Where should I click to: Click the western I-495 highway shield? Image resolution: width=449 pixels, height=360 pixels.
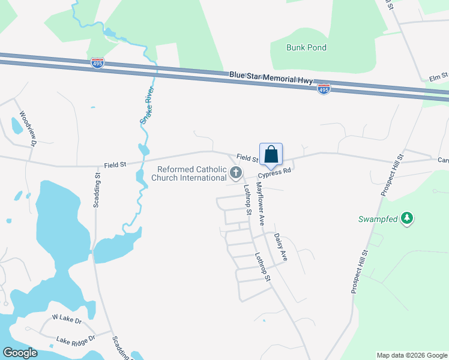98,62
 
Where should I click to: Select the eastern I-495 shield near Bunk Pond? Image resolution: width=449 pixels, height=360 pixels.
324,89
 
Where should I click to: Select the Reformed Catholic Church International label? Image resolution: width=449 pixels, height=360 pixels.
188,173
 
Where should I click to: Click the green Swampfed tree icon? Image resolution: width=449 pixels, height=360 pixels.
407,218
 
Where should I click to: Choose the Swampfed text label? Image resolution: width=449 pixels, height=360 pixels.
379,219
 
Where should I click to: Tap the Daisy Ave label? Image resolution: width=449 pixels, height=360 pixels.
280,247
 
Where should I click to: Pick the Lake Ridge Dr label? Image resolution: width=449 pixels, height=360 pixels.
76,340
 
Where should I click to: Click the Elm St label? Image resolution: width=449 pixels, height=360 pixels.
439,76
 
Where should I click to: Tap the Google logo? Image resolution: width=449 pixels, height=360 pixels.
20,353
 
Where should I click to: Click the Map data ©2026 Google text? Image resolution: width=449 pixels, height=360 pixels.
411,355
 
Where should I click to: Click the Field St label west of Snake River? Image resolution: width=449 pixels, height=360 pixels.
115,164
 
